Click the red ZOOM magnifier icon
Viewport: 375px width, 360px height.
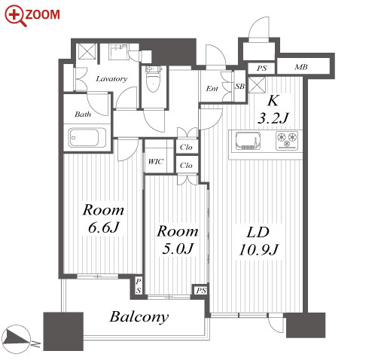click(x=16, y=16)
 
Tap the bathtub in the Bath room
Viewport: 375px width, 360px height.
click(x=84, y=137)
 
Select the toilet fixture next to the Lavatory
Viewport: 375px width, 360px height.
click(x=153, y=79)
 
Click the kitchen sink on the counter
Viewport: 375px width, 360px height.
click(x=248, y=141)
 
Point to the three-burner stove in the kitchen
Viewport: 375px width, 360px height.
click(x=287, y=140)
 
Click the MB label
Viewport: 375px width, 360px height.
click(x=301, y=67)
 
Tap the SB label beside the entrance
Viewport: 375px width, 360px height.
click(x=239, y=87)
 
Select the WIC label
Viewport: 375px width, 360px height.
click(x=156, y=161)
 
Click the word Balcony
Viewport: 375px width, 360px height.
click(x=139, y=317)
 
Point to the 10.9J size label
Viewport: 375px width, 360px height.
click(x=258, y=250)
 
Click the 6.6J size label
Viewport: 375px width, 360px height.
click(x=103, y=227)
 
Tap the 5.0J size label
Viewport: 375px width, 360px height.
click(x=178, y=249)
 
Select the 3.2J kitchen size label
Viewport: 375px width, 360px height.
click(x=273, y=118)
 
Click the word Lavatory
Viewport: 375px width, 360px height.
click(x=111, y=79)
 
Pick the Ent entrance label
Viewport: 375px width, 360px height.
click(x=212, y=88)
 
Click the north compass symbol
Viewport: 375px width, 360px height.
click(x=16, y=339)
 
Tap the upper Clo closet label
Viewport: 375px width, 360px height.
click(x=186, y=147)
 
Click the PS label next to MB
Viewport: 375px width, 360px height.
click(x=261, y=69)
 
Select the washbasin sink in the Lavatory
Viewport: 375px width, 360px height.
click(x=119, y=52)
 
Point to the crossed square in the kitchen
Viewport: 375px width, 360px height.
click(x=257, y=85)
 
